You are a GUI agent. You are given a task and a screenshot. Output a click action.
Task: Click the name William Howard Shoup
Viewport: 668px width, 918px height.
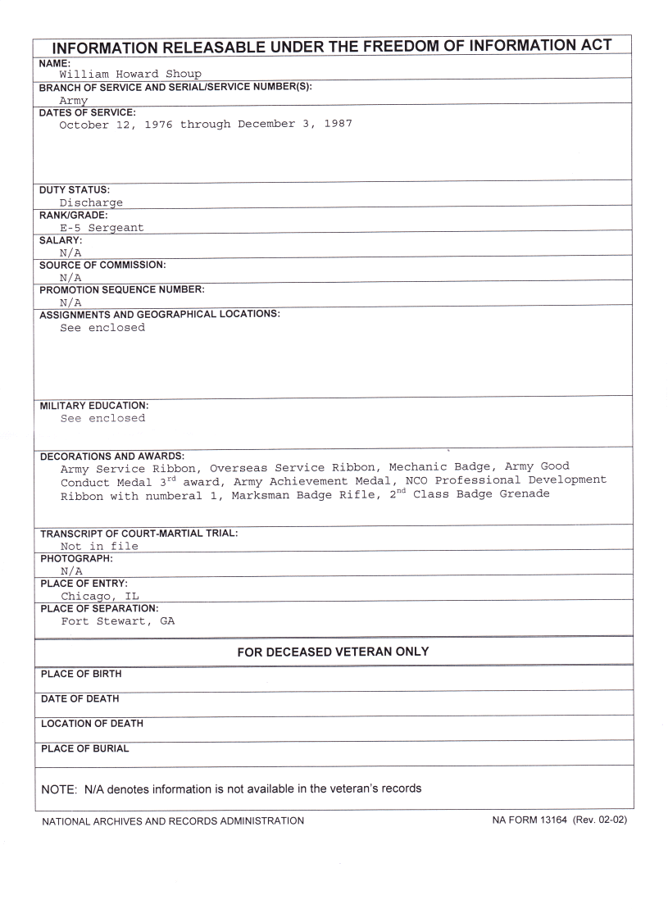130,75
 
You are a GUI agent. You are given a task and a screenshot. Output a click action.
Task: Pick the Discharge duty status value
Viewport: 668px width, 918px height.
91,202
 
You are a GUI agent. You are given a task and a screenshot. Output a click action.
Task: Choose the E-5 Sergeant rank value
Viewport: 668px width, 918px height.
102,228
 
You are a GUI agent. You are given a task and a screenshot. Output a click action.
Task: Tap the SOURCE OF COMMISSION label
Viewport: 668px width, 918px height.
102,266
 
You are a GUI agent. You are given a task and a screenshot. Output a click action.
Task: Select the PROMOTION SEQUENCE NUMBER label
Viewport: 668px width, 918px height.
122,290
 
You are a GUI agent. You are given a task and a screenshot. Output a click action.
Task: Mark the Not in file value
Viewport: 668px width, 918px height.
99,546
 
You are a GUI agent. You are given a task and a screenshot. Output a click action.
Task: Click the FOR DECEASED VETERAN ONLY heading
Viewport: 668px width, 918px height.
333,652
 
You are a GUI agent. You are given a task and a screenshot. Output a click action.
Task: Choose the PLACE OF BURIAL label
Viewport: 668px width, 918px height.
84,748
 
